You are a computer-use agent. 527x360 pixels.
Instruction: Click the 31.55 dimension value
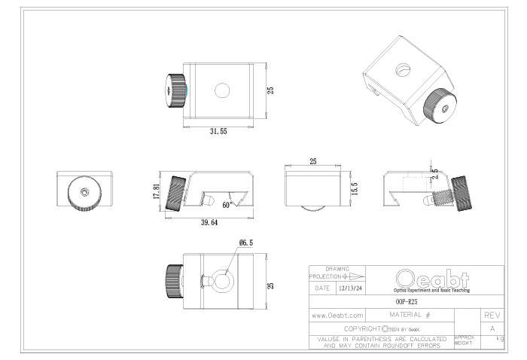[219, 131]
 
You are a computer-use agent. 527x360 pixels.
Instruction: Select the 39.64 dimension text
[209, 223]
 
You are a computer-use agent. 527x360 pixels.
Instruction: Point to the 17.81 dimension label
[156, 192]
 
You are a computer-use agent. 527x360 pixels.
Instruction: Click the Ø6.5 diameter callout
[245, 243]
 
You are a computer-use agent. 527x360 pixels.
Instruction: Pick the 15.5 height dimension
[354, 188]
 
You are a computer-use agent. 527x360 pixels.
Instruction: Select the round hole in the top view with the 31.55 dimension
[222, 90]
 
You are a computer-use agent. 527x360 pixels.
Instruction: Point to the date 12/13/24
[350, 288]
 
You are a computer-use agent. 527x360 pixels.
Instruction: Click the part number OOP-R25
[406, 300]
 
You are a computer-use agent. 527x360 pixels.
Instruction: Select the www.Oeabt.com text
[338, 315]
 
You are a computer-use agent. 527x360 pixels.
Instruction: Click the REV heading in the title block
[492, 315]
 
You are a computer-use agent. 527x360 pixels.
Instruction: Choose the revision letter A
[492, 329]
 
